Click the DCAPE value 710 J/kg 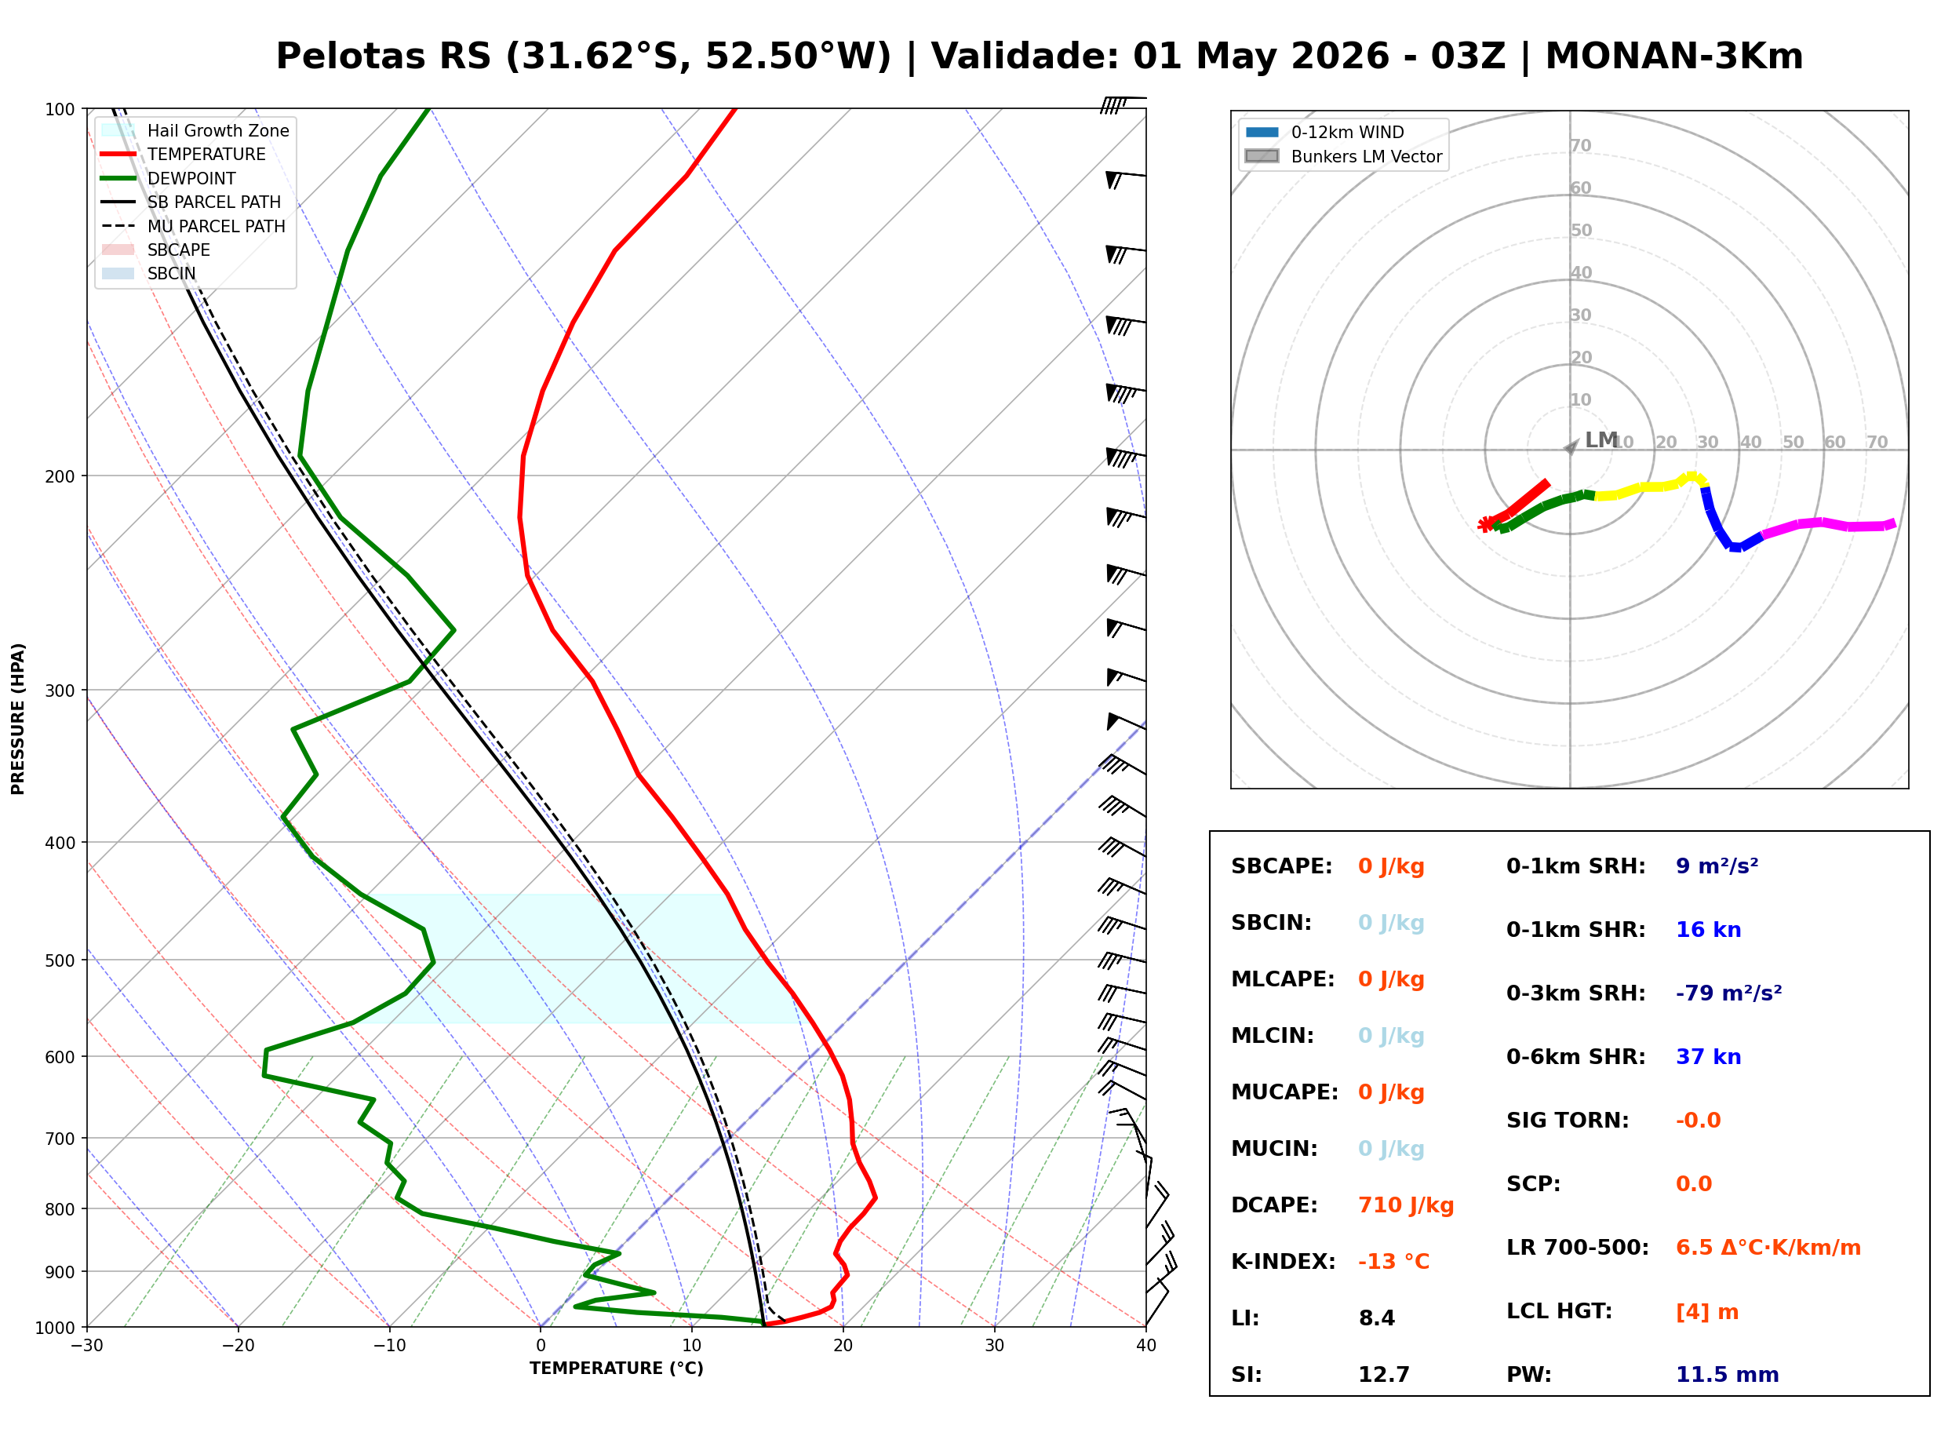1405,1205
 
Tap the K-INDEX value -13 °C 1393,1261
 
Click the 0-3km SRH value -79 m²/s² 1728,993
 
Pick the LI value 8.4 1376,1318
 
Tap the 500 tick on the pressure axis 60,960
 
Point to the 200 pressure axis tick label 60,476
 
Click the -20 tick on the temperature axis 237,1346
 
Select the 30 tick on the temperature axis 994,1346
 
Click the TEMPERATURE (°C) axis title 616,1369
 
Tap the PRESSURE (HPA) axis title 18,718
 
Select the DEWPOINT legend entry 191,178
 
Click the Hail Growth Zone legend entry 217,130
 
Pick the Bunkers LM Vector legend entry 1365,156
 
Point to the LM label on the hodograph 1601,440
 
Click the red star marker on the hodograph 1485,524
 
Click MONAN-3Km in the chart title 1673,56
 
